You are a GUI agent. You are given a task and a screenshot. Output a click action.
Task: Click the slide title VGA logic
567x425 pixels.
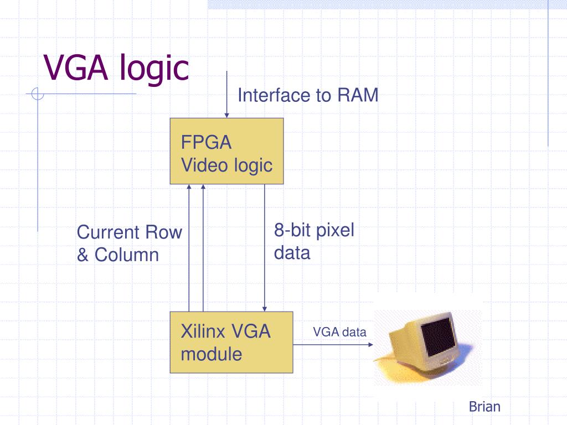[116, 68]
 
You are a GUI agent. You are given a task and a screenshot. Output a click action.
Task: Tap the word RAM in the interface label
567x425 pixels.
[358, 95]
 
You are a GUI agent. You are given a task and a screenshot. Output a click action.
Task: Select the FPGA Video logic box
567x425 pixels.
[226, 151]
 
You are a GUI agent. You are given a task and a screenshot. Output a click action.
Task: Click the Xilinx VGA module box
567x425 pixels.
[231, 342]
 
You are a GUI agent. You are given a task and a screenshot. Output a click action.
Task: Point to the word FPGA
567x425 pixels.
[206, 142]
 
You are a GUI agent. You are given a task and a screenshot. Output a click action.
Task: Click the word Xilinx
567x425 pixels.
[203, 331]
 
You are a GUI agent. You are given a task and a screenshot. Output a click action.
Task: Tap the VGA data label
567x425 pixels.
[339, 332]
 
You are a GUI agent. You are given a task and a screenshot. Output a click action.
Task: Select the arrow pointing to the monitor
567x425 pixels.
[333, 345]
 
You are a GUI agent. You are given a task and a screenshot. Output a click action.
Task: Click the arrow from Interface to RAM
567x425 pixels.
[226, 94]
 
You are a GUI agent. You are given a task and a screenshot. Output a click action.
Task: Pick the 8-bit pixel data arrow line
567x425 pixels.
[265, 248]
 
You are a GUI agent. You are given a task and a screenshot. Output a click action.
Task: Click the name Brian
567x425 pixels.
[484, 407]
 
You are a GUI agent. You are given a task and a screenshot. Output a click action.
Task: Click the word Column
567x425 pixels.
[127, 255]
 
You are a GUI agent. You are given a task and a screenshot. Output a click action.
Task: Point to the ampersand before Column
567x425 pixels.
[83, 255]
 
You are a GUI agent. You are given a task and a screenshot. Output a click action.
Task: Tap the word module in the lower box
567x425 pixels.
[211, 354]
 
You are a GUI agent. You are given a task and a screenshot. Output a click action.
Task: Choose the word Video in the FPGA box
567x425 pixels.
[204, 165]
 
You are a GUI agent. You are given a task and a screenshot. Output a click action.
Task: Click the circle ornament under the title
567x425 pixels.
[38, 94]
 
